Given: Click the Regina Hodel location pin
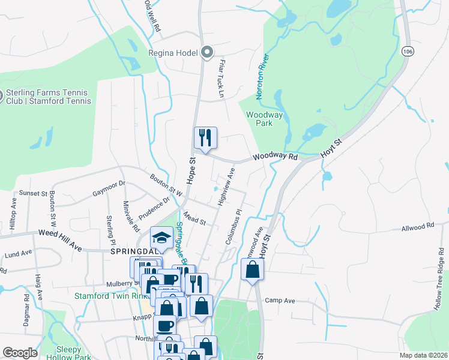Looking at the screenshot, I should [207, 53].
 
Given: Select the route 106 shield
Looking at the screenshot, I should [408, 52].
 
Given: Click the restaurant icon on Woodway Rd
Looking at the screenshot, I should [205, 138].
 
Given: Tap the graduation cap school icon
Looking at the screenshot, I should [161, 238].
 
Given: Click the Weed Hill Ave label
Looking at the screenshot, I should [59, 231].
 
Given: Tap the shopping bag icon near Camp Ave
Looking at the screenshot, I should [253, 269].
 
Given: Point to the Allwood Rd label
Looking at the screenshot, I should [417, 227].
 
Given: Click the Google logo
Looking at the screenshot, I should [20, 353].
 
